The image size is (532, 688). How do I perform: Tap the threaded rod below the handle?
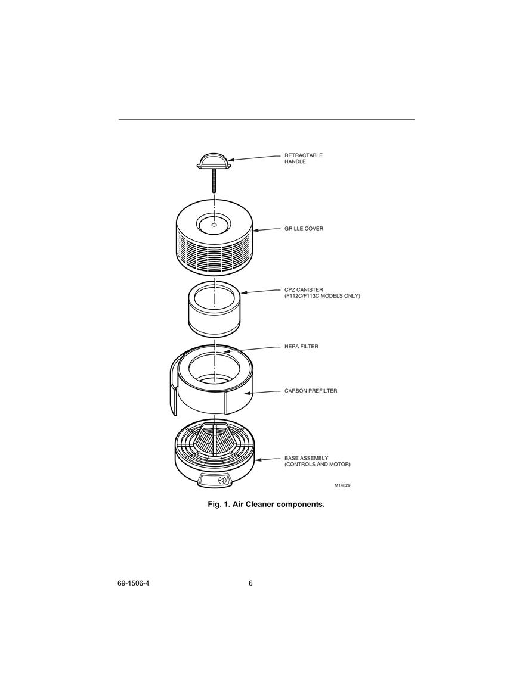(214, 180)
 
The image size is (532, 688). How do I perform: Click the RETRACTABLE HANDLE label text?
(303, 158)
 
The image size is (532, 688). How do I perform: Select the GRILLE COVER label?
(304, 229)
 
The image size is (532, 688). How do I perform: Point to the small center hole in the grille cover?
(214, 225)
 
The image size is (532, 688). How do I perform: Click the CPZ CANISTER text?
(304, 289)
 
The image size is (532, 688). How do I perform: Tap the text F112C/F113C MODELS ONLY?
(322, 296)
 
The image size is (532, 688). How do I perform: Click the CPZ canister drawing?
(214, 309)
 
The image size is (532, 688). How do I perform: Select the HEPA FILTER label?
(301, 347)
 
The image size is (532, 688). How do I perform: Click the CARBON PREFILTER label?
(311, 391)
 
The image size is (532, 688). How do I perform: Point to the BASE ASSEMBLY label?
(306, 458)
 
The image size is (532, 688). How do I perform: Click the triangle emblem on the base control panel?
(222, 481)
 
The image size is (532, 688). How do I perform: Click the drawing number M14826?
(342, 485)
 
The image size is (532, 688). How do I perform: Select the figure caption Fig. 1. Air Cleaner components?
(266, 504)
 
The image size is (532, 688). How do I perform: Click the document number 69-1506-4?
(133, 583)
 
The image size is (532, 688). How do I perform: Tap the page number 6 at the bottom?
(251, 583)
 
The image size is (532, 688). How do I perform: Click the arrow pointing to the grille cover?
(266, 229)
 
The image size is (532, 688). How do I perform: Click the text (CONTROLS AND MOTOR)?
(317, 464)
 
